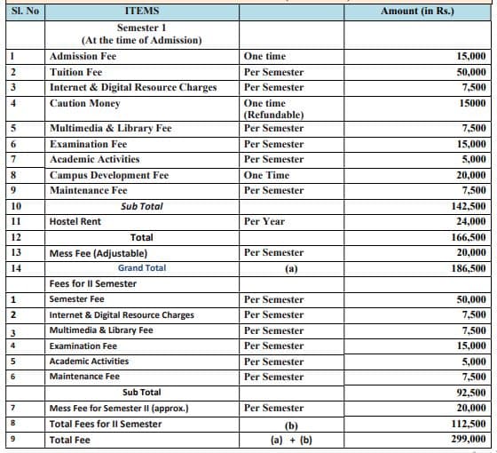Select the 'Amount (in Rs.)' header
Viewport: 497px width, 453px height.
[x=416, y=11]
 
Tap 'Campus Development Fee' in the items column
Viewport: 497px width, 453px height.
[x=109, y=175]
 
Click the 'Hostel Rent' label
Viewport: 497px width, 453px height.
[x=75, y=221]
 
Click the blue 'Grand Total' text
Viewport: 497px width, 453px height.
[x=142, y=268]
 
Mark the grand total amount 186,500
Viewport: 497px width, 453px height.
[x=468, y=268]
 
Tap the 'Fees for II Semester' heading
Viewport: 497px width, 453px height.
[x=93, y=284]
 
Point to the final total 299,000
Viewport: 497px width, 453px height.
[x=468, y=439]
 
